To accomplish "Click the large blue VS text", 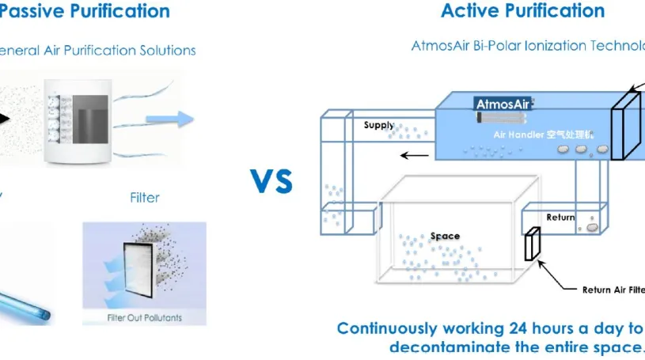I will pos(271,180).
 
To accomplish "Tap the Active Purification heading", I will pos(522,11).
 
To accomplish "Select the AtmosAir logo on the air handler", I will pos(503,104).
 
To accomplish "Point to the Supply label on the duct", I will pos(378,125).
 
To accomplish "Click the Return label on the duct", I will pos(560,217).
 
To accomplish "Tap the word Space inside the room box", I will pos(445,236).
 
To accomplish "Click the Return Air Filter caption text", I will pos(613,290).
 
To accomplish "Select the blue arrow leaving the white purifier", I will pos(171,119).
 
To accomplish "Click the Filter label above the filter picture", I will pos(145,197).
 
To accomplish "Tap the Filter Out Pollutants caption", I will pos(144,318).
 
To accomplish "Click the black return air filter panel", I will pos(532,244).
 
